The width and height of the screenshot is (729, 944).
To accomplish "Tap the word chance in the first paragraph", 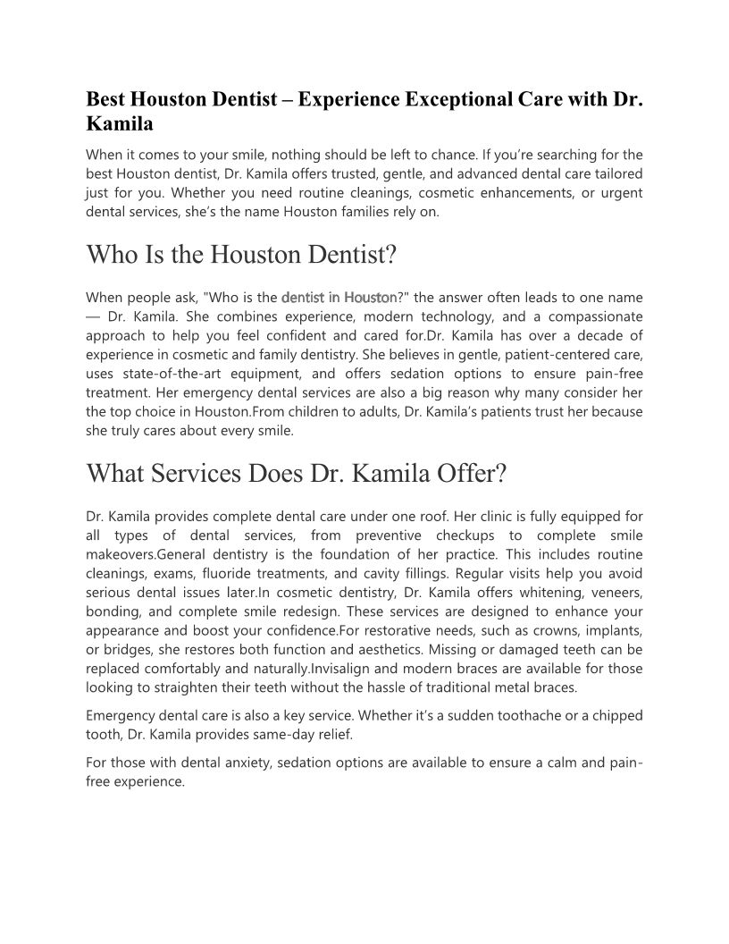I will tap(506, 154).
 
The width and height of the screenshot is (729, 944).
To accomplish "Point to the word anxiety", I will tap(228, 762).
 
